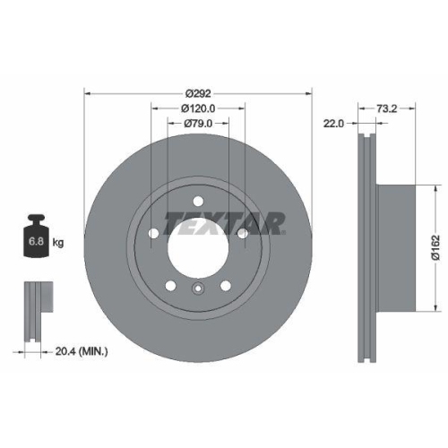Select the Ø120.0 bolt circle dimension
196,108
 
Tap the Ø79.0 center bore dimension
197,124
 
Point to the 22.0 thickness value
333,125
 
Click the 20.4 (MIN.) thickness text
81,352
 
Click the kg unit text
57,243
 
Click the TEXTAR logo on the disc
225,221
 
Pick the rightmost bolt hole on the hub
241,233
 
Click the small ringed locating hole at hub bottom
197,288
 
